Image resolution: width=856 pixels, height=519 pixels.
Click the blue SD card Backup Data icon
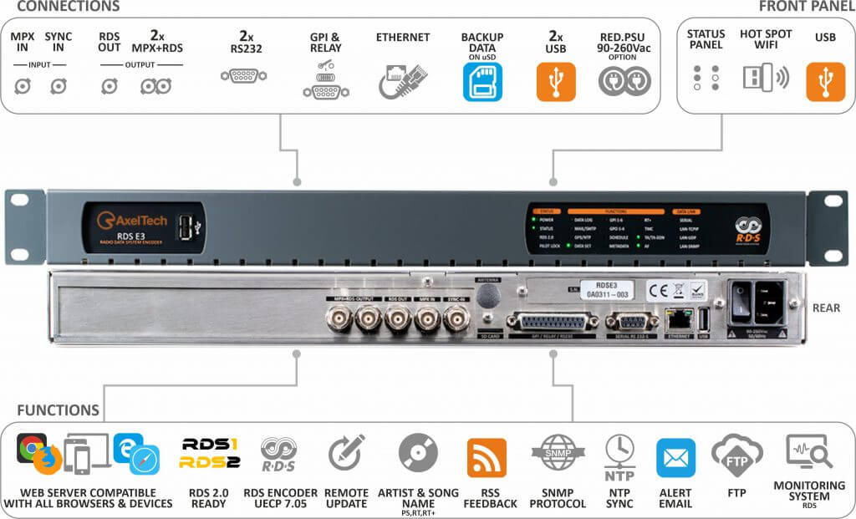[482, 81]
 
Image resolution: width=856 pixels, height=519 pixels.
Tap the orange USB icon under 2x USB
[556, 81]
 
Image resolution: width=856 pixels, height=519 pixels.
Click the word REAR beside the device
[826, 308]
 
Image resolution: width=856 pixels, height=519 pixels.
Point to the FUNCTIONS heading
[59, 410]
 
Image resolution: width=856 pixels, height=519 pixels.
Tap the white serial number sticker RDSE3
[608, 290]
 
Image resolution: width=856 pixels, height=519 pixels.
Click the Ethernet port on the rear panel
[675, 318]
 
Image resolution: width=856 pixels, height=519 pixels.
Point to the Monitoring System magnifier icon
[808, 452]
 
